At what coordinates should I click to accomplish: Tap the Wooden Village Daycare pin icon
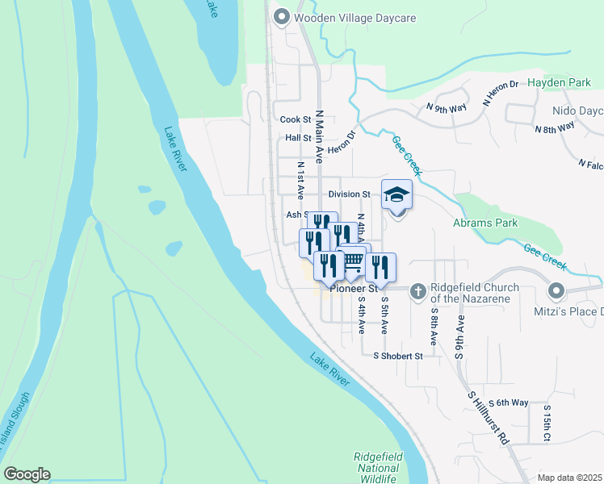click(282, 16)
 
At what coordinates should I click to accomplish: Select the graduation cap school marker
click(396, 195)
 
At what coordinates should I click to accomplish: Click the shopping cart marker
click(354, 260)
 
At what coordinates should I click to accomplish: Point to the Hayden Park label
click(560, 83)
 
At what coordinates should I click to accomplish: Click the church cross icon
click(418, 290)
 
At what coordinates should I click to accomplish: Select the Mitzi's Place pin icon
click(556, 290)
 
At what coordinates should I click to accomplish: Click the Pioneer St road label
click(355, 288)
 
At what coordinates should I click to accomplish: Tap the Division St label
click(349, 194)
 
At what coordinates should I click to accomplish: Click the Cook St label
click(296, 119)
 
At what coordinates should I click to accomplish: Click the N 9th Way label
click(447, 107)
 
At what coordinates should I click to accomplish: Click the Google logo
click(27, 474)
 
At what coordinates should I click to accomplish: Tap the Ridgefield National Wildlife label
click(378, 468)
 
